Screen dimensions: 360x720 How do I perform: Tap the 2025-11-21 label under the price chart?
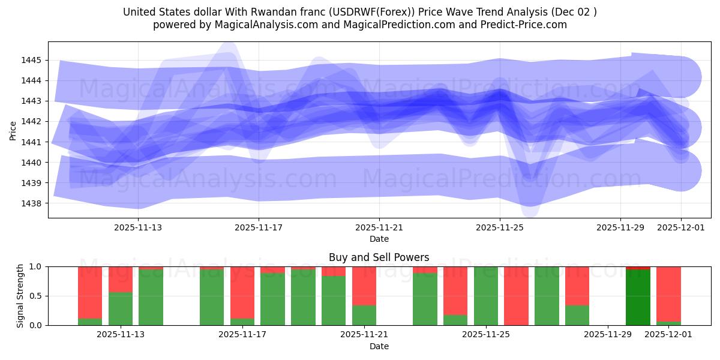click(379, 227)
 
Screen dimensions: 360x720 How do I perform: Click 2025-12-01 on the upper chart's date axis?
click(680, 227)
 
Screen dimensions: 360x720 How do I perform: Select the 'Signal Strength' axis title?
click(20, 296)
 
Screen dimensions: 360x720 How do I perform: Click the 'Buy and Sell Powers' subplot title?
click(379, 257)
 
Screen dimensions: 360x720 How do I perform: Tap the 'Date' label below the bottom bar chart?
click(379, 346)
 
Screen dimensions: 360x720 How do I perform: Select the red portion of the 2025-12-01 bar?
click(668, 294)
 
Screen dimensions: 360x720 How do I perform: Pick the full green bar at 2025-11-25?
click(485, 296)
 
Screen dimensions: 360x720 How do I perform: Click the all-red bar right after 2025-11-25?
click(516, 296)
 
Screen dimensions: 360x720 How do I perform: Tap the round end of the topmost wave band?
click(680, 77)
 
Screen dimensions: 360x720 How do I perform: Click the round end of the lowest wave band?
click(680, 171)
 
